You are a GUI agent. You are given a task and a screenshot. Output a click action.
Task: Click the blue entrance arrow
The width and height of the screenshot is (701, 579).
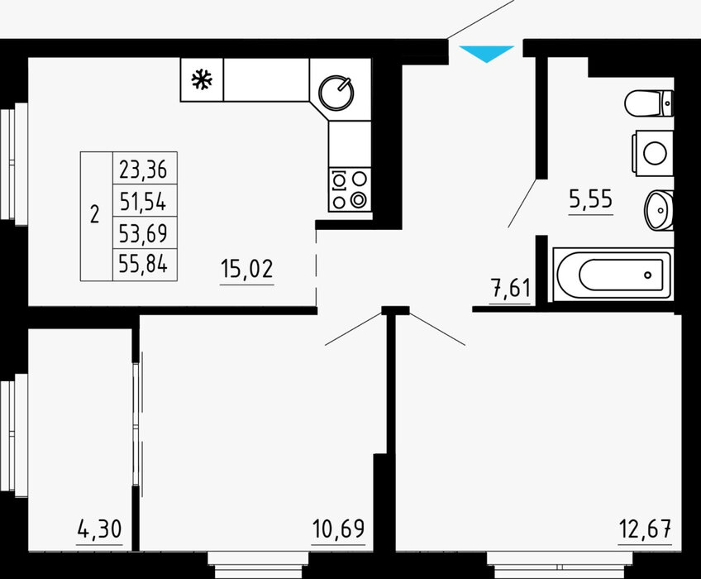[x=486, y=53]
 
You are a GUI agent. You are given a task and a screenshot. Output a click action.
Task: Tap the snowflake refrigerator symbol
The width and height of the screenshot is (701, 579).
[x=202, y=79]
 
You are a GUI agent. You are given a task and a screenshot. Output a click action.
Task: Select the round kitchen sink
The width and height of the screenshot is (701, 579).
[x=336, y=93]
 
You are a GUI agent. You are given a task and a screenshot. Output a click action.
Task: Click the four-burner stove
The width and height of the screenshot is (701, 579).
[x=350, y=189]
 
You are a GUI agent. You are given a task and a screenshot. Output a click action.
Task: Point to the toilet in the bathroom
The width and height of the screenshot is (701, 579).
[x=649, y=103]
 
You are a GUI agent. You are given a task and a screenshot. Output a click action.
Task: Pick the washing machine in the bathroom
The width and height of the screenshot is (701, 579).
[x=653, y=153]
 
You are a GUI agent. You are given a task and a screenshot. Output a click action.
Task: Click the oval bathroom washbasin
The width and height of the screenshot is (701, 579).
[x=659, y=210]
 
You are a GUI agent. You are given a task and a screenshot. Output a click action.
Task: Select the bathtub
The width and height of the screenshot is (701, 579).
[x=613, y=274]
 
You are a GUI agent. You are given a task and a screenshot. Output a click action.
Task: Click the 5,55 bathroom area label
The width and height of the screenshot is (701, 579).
[x=590, y=199]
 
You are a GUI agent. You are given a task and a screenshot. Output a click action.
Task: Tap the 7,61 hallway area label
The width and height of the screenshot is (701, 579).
[x=511, y=288]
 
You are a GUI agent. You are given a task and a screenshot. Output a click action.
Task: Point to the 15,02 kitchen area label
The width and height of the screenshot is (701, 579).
[x=247, y=270]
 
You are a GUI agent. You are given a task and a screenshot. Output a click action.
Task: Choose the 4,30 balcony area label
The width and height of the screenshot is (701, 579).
[x=99, y=529]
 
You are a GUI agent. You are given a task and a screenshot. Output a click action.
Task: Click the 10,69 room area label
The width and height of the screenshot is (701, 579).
[x=338, y=529]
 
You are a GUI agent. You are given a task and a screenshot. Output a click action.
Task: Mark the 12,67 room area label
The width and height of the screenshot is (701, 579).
[x=645, y=529]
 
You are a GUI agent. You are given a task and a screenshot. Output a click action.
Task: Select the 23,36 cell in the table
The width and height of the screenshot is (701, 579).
[x=143, y=170]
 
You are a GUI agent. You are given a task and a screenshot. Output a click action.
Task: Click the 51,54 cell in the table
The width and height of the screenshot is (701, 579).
[x=143, y=201]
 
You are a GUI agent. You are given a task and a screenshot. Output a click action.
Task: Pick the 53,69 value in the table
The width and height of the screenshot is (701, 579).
[x=143, y=233]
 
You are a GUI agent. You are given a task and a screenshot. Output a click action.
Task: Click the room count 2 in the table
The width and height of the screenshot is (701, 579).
[x=94, y=214]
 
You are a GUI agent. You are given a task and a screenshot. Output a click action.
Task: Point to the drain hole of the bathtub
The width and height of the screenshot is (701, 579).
[x=648, y=275]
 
